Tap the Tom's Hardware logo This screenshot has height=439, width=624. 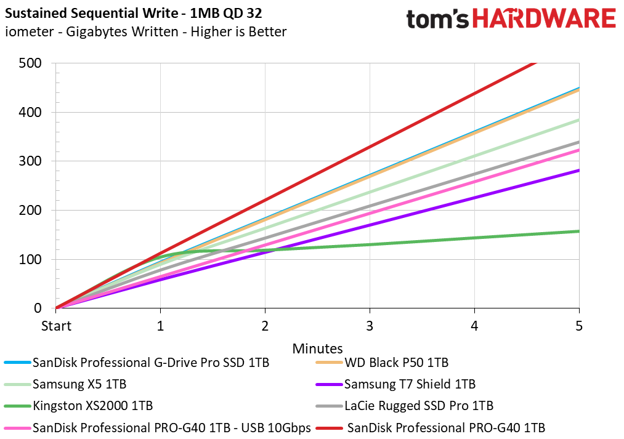pyautogui.click(x=511, y=18)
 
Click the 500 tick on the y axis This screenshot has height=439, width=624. pyautogui.click(x=30, y=63)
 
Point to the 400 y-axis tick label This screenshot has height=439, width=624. pyautogui.click(x=30, y=112)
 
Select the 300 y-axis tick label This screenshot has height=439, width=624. pyautogui.click(x=30, y=161)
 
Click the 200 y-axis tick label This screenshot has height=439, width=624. pyautogui.click(x=30, y=211)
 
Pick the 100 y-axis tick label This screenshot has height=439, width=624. pyautogui.click(x=30, y=259)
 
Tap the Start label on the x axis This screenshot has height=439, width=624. pyautogui.click(x=56, y=325)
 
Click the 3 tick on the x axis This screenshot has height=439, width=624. pyautogui.click(x=370, y=325)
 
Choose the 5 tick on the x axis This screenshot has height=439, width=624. pyautogui.click(x=578, y=325)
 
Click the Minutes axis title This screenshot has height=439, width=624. pyautogui.click(x=317, y=348)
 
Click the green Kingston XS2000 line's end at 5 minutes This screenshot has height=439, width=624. pyautogui.click(x=578, y=232)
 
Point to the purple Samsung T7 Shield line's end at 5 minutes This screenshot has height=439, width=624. pyautogui.click(x=578, y=171)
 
